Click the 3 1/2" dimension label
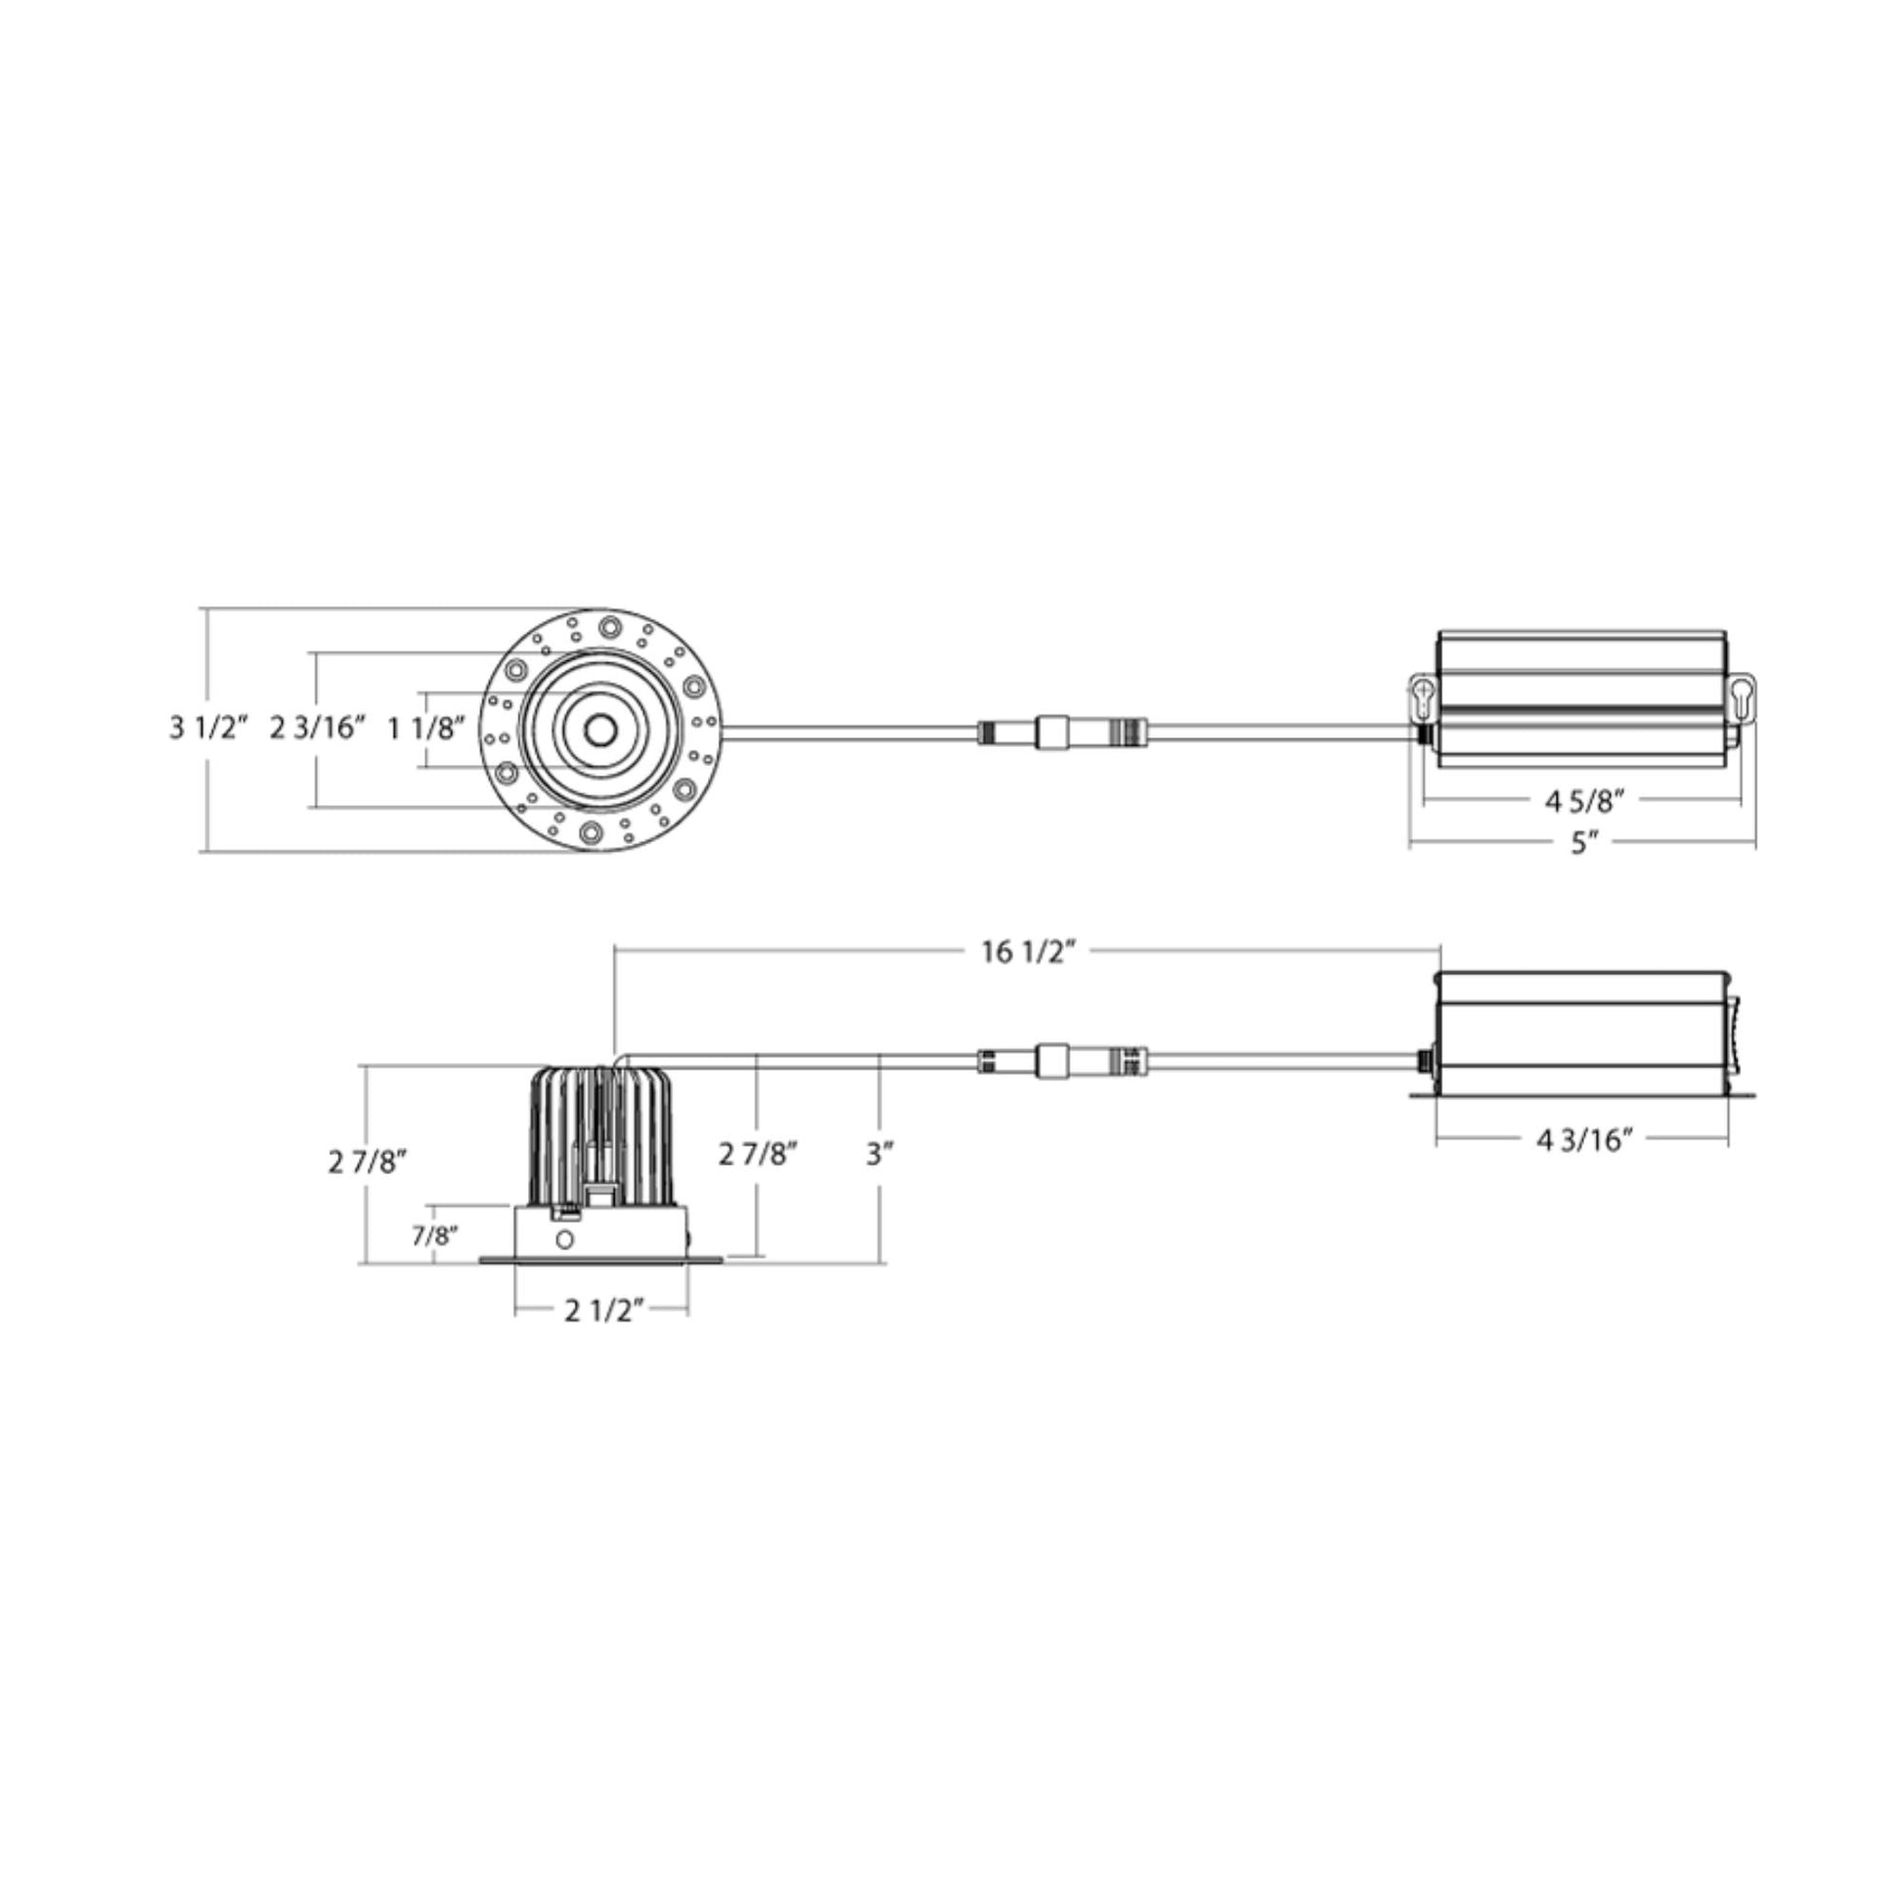209,728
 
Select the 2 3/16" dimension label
318,728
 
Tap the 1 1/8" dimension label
425,728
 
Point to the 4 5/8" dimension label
1583,802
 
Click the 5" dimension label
1583,844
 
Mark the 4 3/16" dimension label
1584,1139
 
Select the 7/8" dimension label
434,1235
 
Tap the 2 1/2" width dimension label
603,1311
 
